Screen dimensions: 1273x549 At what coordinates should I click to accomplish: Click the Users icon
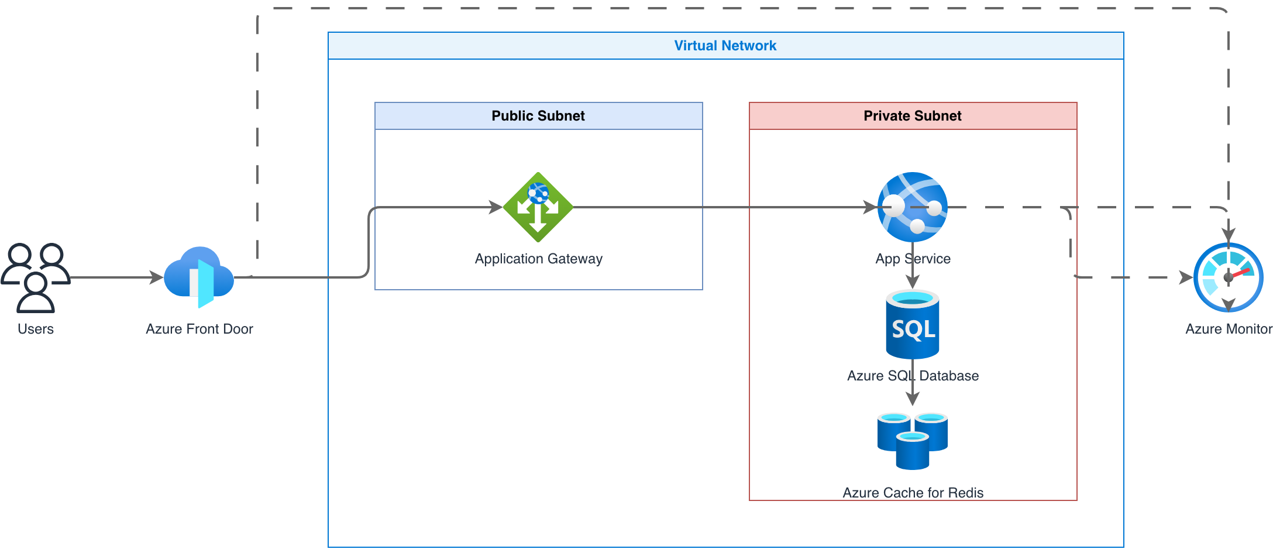pyautogui.click(x=36, y=277)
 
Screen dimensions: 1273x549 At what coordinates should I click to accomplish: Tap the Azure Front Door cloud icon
pyautogui.click(x=199, y=277)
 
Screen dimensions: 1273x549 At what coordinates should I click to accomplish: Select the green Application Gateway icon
pyautogui.click(x=538, y=207)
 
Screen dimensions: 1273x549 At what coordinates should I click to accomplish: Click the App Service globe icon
pyautogui.click(x=913, y=207)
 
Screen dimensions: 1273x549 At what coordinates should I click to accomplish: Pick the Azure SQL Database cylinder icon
pyautogui.click(x=913, y=324)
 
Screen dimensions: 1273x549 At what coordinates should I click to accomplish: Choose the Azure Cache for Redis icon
pyautogui.click(x=913, y=441)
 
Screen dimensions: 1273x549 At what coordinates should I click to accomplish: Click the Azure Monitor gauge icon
pyautogui.click(x=1229, y=277)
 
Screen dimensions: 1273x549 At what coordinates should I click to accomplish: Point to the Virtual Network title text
pyautogui.click(x=725, y=46)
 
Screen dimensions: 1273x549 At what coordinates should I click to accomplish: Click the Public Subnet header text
pyautogui.click(x=538, y=116)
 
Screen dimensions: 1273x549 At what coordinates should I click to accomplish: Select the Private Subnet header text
pyautogui.click(x=913, y=116)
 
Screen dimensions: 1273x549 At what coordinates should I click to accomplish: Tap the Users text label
pyautogui.click(x=36, y=329)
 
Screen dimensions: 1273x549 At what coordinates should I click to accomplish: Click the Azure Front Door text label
pyautogui.click(x=199, y=329)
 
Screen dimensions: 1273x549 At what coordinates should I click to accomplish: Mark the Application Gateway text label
pyautogui.click(x=539, y=259)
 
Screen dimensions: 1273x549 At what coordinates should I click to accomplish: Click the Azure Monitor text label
pyautogui.click(x=1229, y=329)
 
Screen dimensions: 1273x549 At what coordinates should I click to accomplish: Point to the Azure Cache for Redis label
pyautogui.click(x=913, y=493)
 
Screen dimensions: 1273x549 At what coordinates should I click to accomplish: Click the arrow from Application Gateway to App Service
pyautogui.click(x=725, y=207)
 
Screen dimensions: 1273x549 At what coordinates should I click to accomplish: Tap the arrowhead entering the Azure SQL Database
pyautogui.click(x=913, y=282)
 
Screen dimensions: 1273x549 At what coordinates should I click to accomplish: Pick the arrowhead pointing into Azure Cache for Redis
pyautogui.click(x=913, y=399)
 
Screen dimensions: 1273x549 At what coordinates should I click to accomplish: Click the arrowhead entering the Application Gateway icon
pyautogui.click(x=496, y=207)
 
